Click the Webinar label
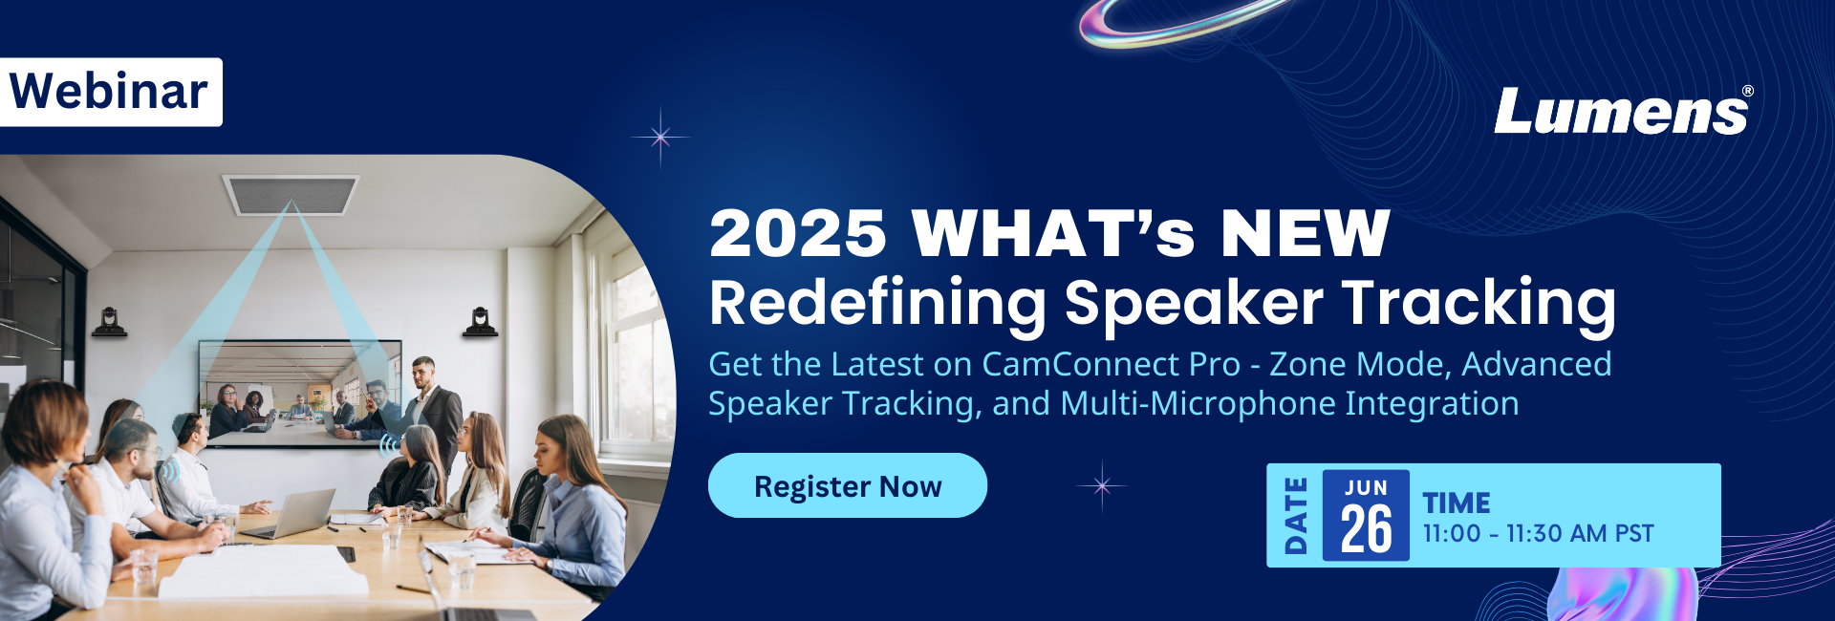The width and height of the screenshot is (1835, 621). click(x=110, y=92)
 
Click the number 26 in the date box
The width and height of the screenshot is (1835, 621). click(x=1366, y=530)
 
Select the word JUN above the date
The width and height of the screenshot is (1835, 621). click(x=1366, y=487)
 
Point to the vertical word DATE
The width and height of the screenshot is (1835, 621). click(x=1295, y=516)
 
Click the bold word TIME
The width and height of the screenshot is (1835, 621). click(x=1457, y=503)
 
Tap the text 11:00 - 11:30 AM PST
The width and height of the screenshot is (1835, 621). click(x=1538, y=533)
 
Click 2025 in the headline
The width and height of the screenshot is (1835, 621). click(x=798, y=233)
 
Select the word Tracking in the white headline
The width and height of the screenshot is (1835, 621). click(x=1479, y=303)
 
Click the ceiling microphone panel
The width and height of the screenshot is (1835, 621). click(x=291, y=194)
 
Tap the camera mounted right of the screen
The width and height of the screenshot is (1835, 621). click(x=480, y=322)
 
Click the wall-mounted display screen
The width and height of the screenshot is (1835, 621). click(x=299, y=393)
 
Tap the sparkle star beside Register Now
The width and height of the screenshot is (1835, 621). click(x=1102, y=485)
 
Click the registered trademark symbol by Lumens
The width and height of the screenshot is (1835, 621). click(x=1748, y=91)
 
